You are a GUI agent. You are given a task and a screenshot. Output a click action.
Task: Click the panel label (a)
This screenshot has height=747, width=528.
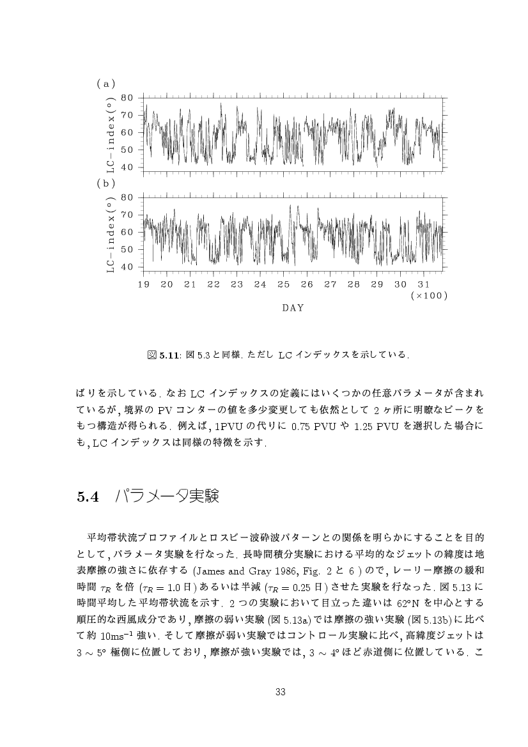click(105, 83)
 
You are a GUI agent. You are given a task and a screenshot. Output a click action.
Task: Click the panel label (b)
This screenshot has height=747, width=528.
click(105, 183)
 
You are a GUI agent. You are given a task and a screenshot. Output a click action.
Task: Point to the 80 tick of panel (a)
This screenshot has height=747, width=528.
click(127, 98)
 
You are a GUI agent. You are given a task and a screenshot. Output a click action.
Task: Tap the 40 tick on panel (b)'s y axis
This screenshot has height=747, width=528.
click(127, 267)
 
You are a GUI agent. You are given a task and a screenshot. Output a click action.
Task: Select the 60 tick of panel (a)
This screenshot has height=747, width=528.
click(127, 133)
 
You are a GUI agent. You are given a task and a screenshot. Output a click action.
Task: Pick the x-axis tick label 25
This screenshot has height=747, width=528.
click(283, 284)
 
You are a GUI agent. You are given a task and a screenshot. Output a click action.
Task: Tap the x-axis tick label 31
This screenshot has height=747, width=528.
click(423, 284)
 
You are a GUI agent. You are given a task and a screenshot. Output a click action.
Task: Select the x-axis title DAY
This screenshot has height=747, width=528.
click(293, 308)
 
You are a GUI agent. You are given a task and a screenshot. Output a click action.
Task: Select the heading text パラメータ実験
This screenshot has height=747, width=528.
click(167, 496)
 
